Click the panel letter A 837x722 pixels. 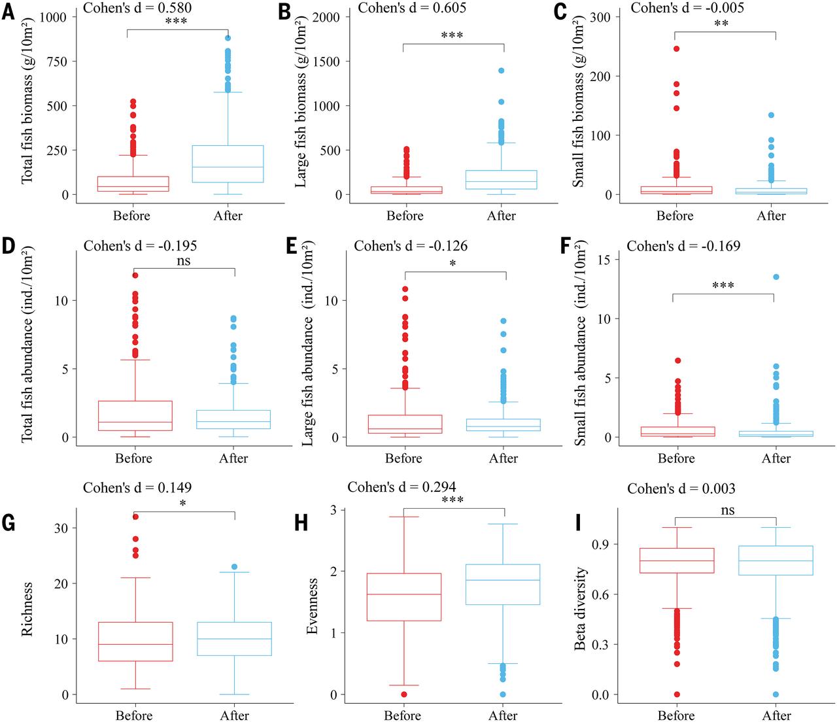pyautogui.click(x=8, y=13)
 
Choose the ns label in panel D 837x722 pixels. pyautogui.click(x=183, y=262)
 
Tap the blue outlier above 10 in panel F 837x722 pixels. pyautogui.click(x=776, y=277)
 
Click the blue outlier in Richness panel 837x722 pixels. pyautogui.click(x=234, y=567)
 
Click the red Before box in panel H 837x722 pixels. pyautogui.click(x=403, y=596)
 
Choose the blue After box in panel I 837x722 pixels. pyautogui.click(x=776, y=560)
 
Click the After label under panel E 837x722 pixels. pyautogui.click(x=503, y=458)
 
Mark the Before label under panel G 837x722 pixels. pyautogui.click(x=134, y=715)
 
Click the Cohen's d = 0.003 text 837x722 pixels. pyautogui.click(x=681, y=489)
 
